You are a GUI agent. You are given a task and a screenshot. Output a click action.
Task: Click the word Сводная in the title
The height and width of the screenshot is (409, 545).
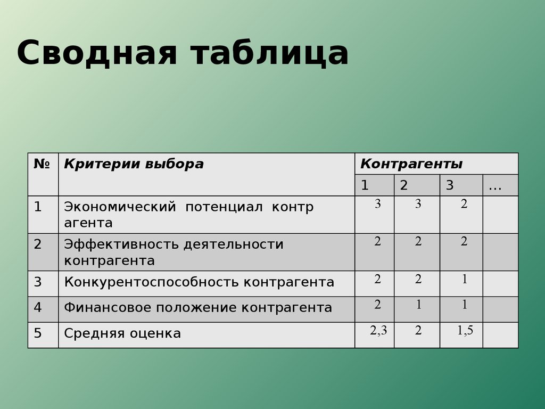(x=97, y=52)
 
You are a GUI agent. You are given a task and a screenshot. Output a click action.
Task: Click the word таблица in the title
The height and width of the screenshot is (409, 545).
(x=269, y=53)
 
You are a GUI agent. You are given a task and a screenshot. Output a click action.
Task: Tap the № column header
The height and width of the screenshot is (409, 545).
(x=42, y=163)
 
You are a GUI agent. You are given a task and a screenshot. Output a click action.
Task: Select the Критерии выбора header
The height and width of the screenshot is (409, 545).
(x=134, y=164)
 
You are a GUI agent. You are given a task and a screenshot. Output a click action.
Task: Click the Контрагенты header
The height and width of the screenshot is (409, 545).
(x=411, y=164)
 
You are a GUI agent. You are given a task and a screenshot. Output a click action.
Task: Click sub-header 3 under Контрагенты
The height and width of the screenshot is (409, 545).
(x=450, y=185)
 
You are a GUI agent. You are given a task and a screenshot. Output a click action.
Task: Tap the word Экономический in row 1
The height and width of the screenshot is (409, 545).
(x=120, y=207)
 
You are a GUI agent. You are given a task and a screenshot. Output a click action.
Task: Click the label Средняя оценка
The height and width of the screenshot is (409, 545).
(x=122, y=333)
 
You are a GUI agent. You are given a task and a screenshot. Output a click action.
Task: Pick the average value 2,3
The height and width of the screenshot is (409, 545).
(x=378, y=330)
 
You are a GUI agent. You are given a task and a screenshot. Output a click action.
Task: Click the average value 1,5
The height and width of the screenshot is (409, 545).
(x=465, y=330)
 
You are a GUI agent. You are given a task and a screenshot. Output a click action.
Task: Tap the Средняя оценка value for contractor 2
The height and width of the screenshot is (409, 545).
(x=418, y=330)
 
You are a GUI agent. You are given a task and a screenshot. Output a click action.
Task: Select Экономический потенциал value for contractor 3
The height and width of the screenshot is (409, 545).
(x=464, y=204)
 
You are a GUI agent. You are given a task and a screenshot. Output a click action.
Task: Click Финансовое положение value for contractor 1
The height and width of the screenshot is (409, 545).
(x=378, y=305)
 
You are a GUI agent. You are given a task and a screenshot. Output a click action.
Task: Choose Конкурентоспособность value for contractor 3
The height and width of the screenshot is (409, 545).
(x=464, y=279)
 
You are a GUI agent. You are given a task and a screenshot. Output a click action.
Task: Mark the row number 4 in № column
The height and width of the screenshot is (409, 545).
(x=38, y=307)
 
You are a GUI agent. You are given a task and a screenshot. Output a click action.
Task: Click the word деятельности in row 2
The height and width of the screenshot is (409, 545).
(x=234, y=245)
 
